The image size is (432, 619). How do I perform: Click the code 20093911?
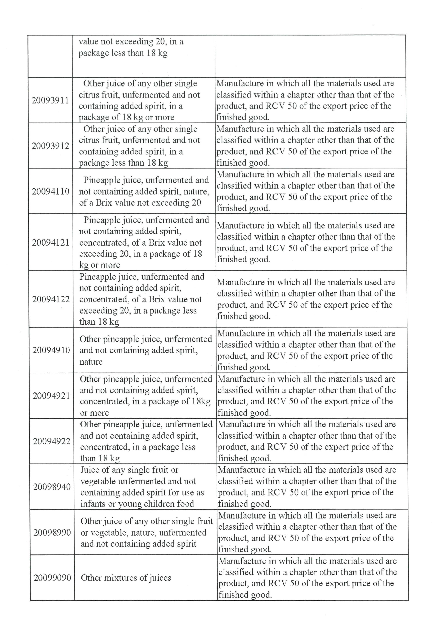coord(50,100)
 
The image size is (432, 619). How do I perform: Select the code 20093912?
coord(50,146)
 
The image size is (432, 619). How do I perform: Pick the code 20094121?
coord(51,243)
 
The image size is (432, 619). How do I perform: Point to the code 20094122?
coord(51,299)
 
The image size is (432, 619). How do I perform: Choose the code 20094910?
coord(51,350)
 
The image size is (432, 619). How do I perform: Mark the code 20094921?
coord(51,396)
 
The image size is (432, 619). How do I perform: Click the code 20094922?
coord(52,441)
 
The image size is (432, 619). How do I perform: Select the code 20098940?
coord(52,487)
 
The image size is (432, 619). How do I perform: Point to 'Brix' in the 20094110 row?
coord(104,203)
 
